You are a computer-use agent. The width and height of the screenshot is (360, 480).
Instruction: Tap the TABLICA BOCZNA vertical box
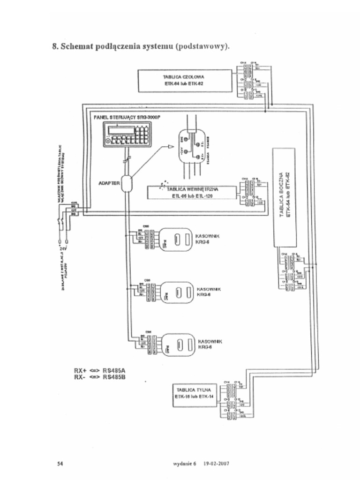pos(285,197)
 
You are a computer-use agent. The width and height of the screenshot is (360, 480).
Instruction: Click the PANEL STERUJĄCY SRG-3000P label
pos(127,116)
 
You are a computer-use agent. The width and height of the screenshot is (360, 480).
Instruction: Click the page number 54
pos(60,464)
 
